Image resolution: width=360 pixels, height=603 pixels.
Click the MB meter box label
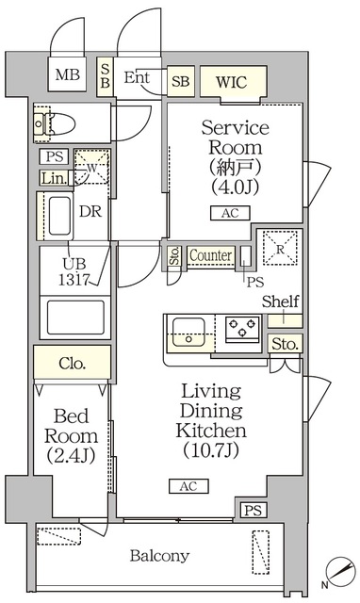click(66, 75)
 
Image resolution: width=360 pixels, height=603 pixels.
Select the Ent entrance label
click(138, 77)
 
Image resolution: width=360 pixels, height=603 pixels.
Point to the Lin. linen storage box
click(53, 177)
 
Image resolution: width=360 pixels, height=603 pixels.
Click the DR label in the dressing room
click(90, 211)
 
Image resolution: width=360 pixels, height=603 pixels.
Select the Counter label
click(211, 255)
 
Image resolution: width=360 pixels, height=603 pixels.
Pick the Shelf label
click(280, 301)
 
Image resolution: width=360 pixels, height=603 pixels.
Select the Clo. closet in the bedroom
click(72, 363)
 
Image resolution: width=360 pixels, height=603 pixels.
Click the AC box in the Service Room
click(230, 213)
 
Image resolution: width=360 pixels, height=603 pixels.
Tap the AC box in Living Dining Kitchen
click(188, 486)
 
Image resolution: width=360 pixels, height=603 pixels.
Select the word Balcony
click(159, 556)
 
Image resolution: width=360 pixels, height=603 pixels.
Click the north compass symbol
click(336, 568)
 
